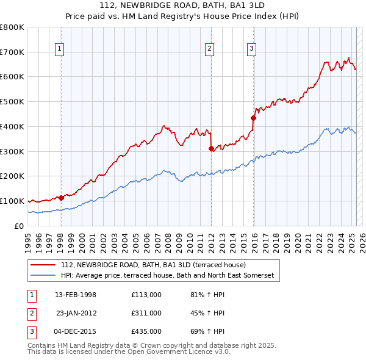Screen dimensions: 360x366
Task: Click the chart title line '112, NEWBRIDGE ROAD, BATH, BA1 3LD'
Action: (183, 5)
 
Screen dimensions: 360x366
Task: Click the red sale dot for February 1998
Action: (62, 198)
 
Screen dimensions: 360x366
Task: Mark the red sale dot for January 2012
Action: (211, 148)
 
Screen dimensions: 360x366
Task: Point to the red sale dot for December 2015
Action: (253, 118)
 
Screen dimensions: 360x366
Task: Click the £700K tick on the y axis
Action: (12, 52)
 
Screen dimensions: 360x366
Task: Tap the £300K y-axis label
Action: (12, 151)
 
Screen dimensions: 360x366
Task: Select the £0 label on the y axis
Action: (18, 226)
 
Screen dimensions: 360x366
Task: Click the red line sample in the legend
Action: (43, 265)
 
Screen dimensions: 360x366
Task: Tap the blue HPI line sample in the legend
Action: (43, 276)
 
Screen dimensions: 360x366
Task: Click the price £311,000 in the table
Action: (146, 313)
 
